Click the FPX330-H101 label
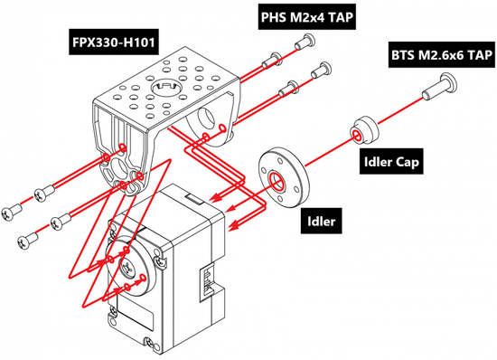(114, 42)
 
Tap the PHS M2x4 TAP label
(306, 17)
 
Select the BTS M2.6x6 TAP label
(442, 55)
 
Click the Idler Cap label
(391, 162)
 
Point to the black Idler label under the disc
(322, 221)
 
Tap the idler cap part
(364, 130)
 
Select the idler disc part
(283, 179)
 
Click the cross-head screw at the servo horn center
(128, 266)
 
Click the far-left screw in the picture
(12, 212)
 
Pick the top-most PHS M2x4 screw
(305, 42)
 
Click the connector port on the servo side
(207, 280)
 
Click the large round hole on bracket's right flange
(205, 118)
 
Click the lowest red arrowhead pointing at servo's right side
(234, 226)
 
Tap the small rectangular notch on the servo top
(194, 198)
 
